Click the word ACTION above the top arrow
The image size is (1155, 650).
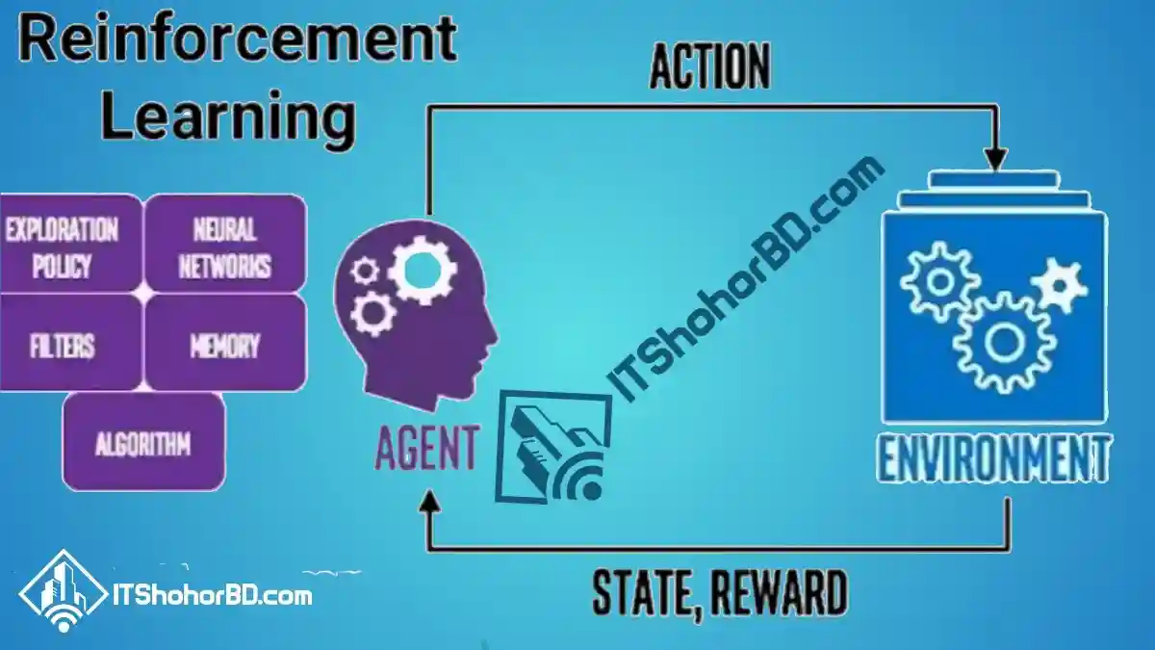tap(710, 66)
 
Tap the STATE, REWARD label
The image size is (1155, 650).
tap(720, 592)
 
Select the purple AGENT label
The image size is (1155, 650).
tap(427, 447)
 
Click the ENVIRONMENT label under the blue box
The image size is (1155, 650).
tap(993, 458)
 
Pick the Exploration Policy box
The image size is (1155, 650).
tap(70, 244)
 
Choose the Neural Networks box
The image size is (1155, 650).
tap(225, 244)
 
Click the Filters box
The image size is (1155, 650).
tap(70, 343)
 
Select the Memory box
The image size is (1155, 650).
tap(225, 343)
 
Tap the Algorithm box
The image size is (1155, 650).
tap(143, 442)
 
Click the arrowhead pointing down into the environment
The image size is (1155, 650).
tap(995, 159)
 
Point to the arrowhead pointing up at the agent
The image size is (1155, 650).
tap(429, 501)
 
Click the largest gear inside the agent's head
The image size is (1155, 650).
tap(423, 271)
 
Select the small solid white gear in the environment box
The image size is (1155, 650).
tap(1059, 285)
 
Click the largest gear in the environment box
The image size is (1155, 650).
tap(1003, 343)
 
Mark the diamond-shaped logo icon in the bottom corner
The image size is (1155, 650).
tap(63, 591)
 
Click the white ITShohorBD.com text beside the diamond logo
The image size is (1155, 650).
tap(213, 596)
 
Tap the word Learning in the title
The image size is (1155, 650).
tap(228, 118)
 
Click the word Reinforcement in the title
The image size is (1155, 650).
tap(237, 39)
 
